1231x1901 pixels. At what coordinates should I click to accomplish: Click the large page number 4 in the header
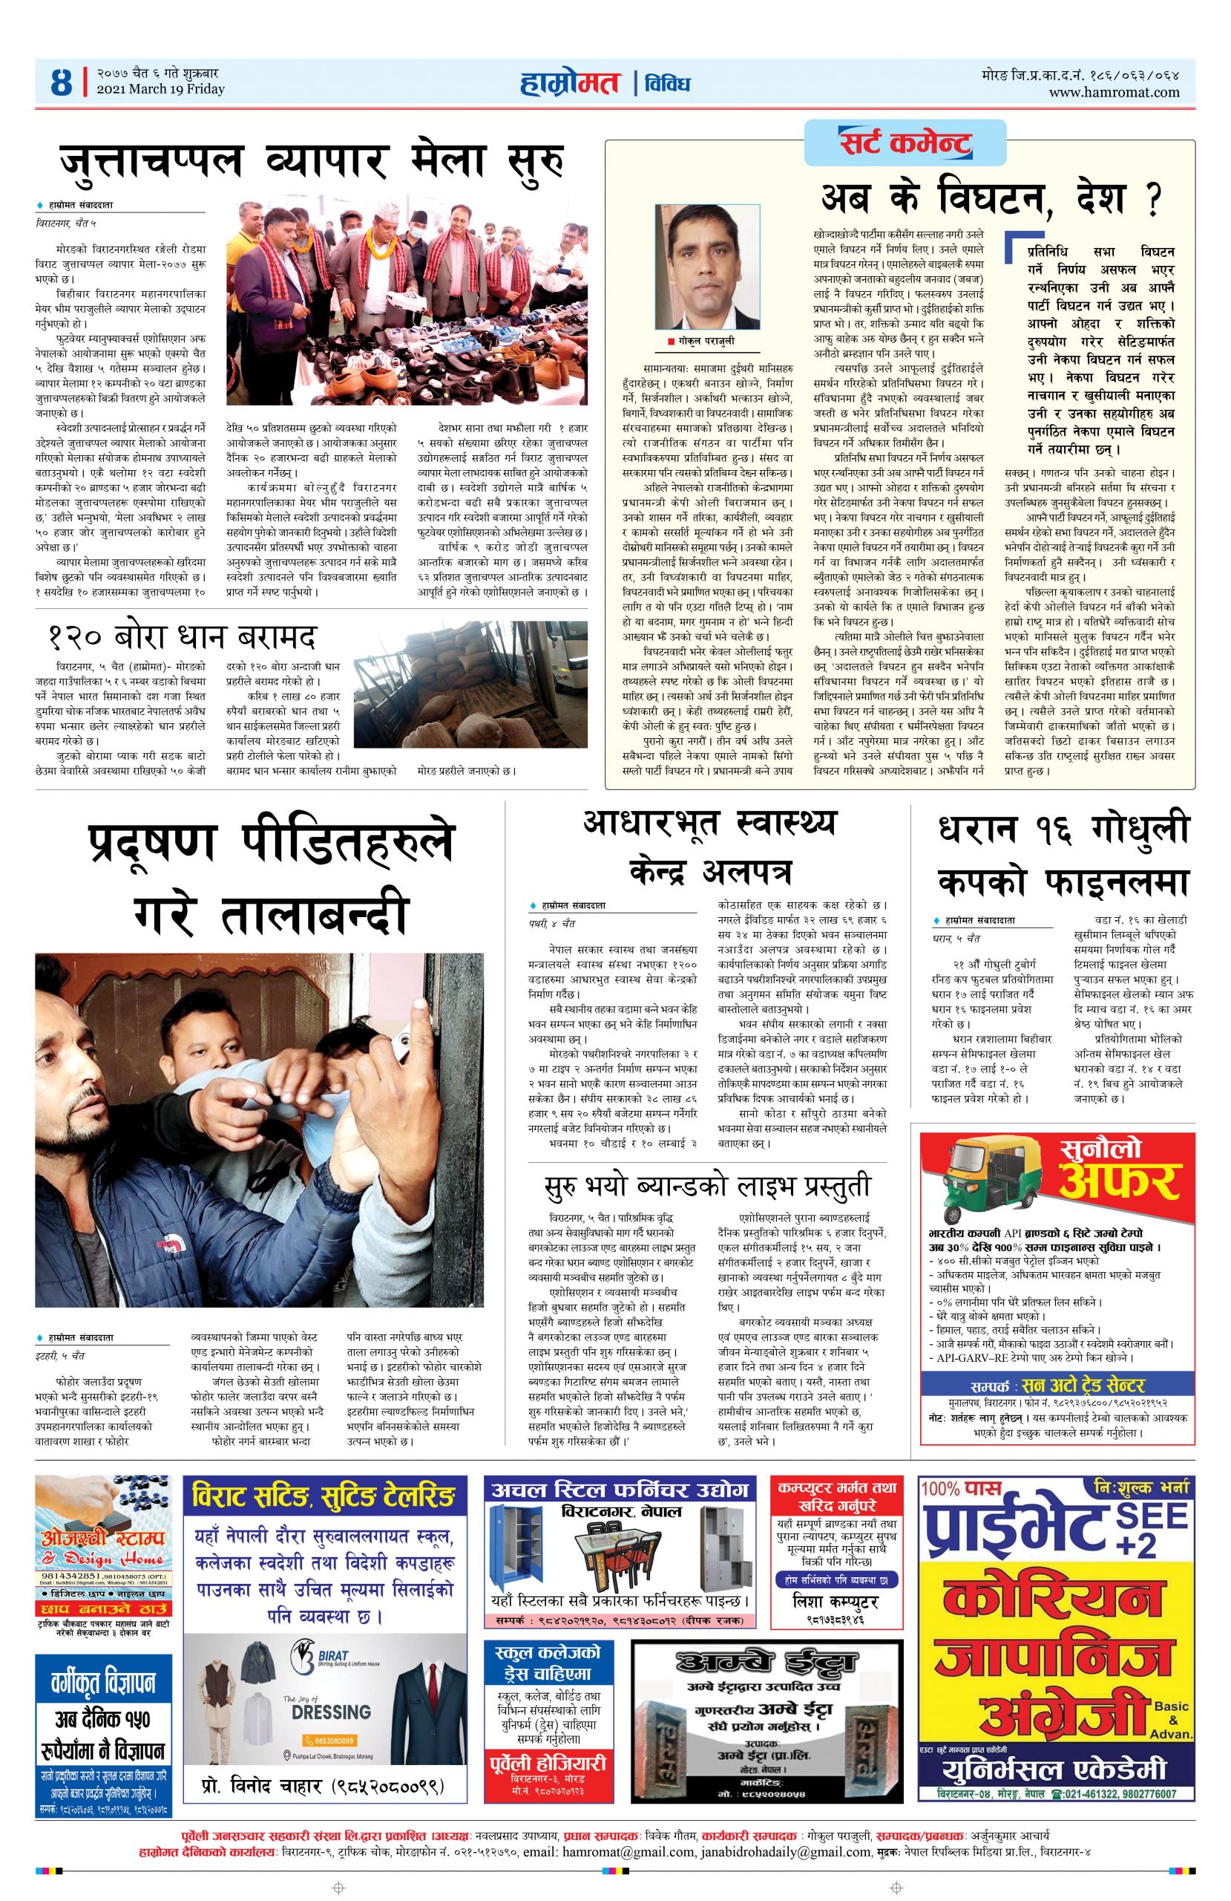pos(61,82)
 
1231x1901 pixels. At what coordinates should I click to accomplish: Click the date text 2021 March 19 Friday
pos(160,89)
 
